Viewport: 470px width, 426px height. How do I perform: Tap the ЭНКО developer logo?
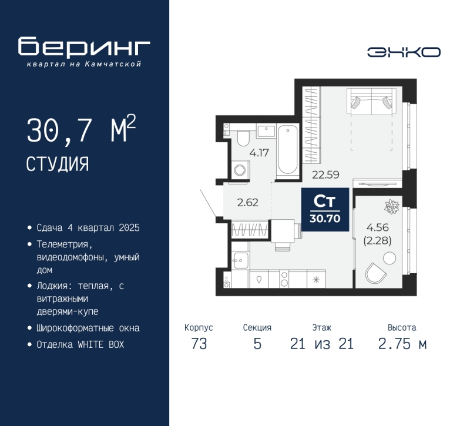pyautogui.click(x=404, y=52)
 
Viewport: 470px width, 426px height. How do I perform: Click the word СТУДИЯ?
pyautogui.click(x=57, y=164)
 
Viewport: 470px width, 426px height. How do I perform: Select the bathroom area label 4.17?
pyautogui.click(x=259, y=153)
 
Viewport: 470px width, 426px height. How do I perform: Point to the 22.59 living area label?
pyautogui.click(x=325, y=175)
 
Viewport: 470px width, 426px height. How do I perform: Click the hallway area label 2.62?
pyautogui.click(x=247, y=202)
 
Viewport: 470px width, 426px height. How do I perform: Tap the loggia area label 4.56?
pyautogui.click(x=377, y=227)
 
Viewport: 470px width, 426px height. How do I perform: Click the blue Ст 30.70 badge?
pyautogui.click(x=325, y=210)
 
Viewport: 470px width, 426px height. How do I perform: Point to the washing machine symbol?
pyautogui.click(x=240, y=170)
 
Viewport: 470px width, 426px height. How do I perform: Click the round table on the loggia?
pyautogui.click(x=390, y=258)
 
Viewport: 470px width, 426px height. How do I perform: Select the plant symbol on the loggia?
pyautogui.click(x=392, y=207)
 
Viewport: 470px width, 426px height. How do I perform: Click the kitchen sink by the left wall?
pyautogui.click(x=240, y=260)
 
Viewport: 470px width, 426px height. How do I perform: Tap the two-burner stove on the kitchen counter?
pyautogui.click(x=284, y=279)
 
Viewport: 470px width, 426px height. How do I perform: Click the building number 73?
pyautogui.click(x=199, y=344)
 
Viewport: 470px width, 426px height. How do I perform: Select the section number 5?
pyautogui.click(x=257, y=344)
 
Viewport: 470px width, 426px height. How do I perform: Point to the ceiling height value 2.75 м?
pyautogui.click(x=402, y=344)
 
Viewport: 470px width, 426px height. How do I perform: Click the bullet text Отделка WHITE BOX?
pyautogui.click(x=80, y=344)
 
